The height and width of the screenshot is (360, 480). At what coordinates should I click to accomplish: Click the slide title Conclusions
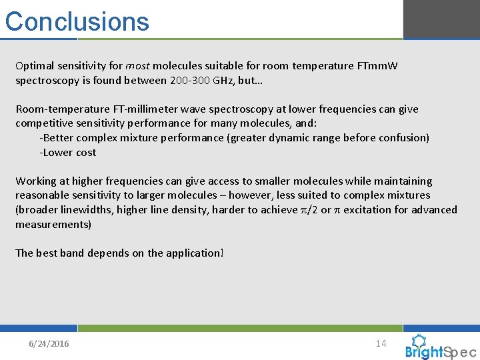(77, 21)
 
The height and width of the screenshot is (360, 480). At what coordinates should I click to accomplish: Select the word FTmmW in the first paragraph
(379, 66)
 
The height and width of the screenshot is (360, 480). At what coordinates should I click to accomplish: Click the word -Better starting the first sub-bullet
(57, 138)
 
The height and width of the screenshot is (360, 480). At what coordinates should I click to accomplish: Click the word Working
(36, 181)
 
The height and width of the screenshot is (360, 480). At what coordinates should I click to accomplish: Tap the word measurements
(53, 224)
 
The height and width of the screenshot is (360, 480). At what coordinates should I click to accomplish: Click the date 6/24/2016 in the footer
(49, 344)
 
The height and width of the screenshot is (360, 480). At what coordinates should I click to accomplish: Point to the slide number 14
(381, 343)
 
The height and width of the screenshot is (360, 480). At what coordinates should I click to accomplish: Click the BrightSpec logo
(440, 347)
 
